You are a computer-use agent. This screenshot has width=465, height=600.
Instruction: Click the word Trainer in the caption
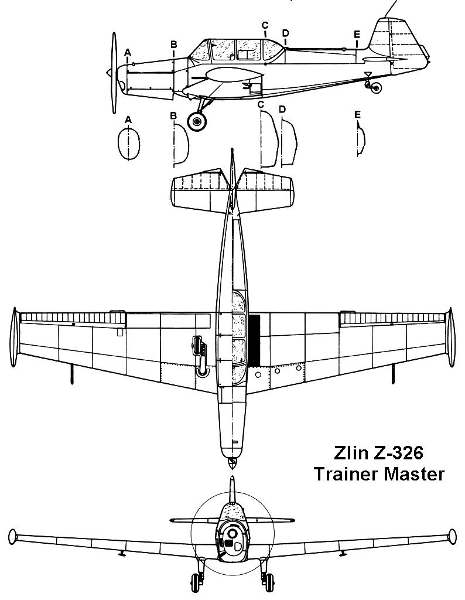(x=347, y=474)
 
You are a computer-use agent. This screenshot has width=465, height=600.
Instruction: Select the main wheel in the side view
(x=197, y=121)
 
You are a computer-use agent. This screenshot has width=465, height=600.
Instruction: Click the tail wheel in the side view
(x=377, y=88)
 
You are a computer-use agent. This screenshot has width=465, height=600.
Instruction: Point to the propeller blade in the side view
(x=114, y=73)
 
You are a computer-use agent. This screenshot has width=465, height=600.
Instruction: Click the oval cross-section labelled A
(x=128, y=144)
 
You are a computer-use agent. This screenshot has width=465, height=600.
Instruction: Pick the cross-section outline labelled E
(x=361, y=139)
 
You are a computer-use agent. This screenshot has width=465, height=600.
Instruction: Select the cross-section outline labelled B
(x=181, y=145)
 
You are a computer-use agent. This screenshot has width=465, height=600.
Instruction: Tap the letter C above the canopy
(x=265, y=25)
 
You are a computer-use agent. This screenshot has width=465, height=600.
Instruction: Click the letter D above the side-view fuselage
(x=286, y=33)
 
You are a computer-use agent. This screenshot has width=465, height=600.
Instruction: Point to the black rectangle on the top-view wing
(x=254, y=339)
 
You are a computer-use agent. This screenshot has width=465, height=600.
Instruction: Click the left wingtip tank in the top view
(x=14, y=337)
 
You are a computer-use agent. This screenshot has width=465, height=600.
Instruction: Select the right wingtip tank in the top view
(x=451, y=337)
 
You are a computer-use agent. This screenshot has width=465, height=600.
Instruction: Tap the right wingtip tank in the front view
(x=452, y=536)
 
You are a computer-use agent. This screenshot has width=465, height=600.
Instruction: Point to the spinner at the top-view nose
(x=231, y=463)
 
